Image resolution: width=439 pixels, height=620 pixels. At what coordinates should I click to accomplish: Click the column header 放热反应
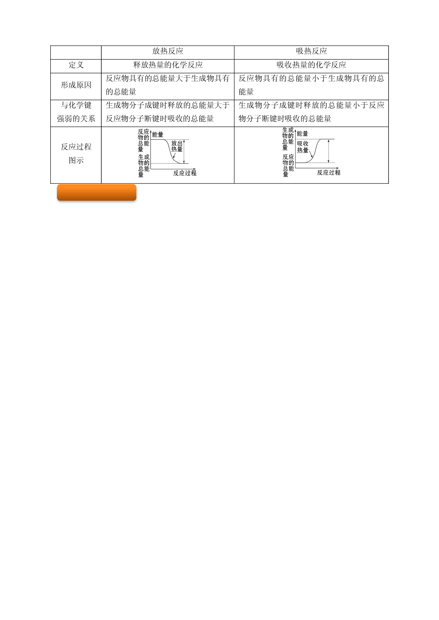pyautogui.click(x=168, y=51)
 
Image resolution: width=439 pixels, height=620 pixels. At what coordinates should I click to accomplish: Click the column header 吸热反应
pyautogui.click(x=311, y=51)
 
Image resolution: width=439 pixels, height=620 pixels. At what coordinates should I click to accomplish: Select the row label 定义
pyautogui.click(x=76, y=65)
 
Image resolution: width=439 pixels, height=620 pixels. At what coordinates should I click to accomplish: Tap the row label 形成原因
pyautogui.click(x=76, y=85)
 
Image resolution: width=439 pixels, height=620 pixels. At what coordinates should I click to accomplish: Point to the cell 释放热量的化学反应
pyautogui.click(x=168, y=65)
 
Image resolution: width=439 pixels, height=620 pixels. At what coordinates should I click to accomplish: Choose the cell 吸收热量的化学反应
pyautogui.click(x=311, y=65)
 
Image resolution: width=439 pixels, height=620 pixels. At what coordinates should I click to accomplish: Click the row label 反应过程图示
pyautogui.click(x=76, y=153)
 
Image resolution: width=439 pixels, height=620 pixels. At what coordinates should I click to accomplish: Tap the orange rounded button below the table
pyautogui.click(x=97, y=192)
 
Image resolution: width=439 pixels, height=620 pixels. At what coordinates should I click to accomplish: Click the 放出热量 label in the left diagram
pyautogui.click(x=177, y=146)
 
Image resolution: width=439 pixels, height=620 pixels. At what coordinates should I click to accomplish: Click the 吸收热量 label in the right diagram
pyautogui.click(x=303, y=147)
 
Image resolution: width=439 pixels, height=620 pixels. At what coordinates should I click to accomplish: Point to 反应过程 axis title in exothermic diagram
pyautogui.click(x=185, y=173)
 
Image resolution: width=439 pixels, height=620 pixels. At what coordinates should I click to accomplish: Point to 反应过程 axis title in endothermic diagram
pyautogui.click(x=329, y=172)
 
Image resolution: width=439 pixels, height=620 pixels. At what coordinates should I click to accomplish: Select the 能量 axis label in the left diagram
pyautogui.click(x=158, y=135)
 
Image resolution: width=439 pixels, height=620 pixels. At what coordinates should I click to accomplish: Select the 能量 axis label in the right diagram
pyautogui.click(x=302, y=134)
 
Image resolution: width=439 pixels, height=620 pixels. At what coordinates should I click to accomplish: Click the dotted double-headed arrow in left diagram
pyautogui.click(x=184, y=151)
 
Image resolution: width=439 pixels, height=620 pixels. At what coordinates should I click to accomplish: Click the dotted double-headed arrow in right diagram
pyautogui.click(x=329, y=151)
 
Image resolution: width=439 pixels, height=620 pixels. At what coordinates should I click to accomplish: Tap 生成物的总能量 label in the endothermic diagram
pyautogui.click(x=288, y=139)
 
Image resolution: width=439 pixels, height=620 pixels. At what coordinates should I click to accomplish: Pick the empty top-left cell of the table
pyautogui.click(x=76, y=53)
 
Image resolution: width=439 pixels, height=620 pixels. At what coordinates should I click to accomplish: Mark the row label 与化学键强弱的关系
pyautogui.click(x=76, y=112)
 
